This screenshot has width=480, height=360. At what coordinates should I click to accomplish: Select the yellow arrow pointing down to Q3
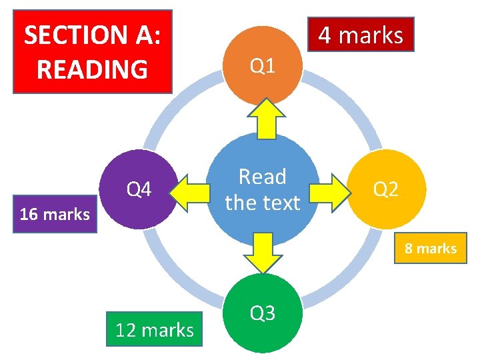point(263,253)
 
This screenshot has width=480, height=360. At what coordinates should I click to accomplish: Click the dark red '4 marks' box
point(361,35)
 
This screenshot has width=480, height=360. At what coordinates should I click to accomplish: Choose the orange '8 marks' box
point(430,249)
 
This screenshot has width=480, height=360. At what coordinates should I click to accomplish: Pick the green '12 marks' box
point(154,329)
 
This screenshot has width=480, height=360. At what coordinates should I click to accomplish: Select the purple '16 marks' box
point(55,215)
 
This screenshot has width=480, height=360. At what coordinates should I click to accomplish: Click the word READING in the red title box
point(92,69)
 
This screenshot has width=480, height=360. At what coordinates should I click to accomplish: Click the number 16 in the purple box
point(29,215)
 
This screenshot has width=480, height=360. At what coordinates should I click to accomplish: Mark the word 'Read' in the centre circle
point(262,177)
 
